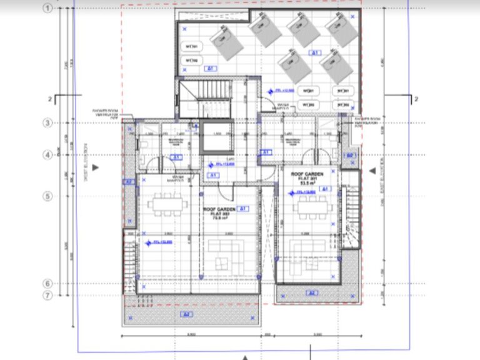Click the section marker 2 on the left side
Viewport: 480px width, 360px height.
pos(49,99)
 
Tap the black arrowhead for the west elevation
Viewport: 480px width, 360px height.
pos(95,167)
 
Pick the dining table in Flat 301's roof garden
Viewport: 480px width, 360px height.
pos(311,207)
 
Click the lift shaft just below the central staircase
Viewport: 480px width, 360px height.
pos(216,139)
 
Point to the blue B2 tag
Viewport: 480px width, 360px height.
pos(351,154)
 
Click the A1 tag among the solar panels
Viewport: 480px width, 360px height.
pos(316,52)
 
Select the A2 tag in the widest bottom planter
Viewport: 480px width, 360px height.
pos(185,313)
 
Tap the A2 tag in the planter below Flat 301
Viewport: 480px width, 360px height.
pos(312,292)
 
